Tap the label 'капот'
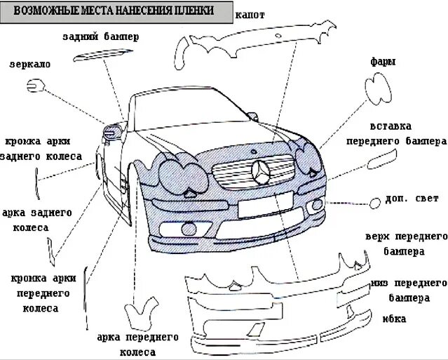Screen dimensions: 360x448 [x=250, y=14]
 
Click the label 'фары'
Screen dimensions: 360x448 [x=383, y=62]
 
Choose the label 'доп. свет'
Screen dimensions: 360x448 [x=407, y=199]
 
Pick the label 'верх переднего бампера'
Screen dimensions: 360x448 [x=406, y=244]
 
